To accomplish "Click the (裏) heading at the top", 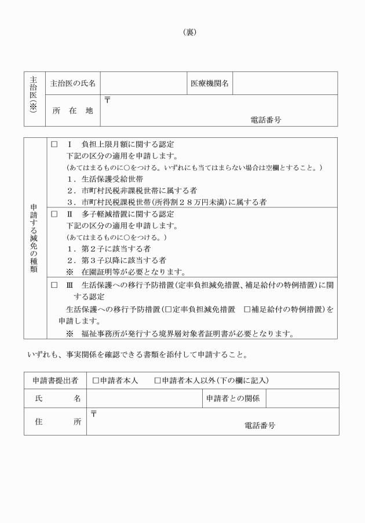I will click(x=189, y=32).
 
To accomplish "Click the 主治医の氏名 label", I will click(x=73, y=83).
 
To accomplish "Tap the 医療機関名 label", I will click(x=210, y=83).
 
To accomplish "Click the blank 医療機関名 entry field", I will click(x=284, y=83).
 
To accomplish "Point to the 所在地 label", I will click(x=73, y=111).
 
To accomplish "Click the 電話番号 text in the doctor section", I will click(x=266, y=120).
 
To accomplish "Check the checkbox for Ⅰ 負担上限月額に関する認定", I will click(x=54, y=144).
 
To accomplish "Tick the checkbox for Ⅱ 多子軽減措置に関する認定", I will click(x=54, y=214).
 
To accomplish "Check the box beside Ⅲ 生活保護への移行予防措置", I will click(x=54, y=285).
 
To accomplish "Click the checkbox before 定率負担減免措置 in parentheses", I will click(x=167, y=309).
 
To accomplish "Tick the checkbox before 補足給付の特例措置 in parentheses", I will click(x=247, y=309).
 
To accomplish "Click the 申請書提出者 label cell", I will click(x=55, y=381).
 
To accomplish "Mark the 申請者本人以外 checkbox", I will click(x=158, y=381).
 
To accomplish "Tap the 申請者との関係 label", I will click(x=233, y=398).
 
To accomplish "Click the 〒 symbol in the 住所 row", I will click(x=94, y=414).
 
